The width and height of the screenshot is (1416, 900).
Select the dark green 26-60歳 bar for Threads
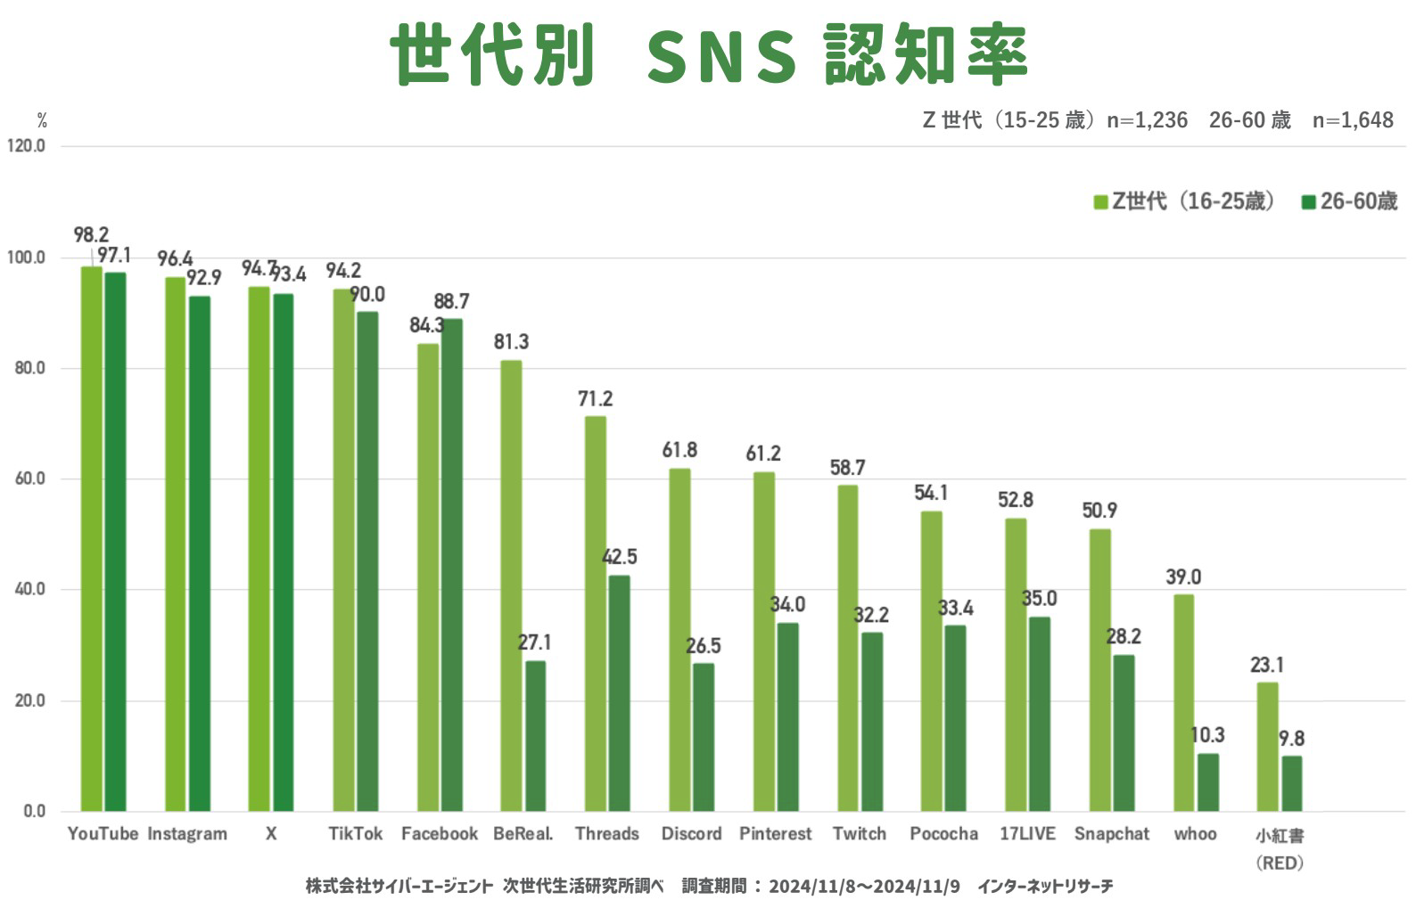click(x=619, y=692)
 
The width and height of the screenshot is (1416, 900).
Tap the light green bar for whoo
click(x=1183, y=702)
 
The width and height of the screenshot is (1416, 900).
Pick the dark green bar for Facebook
click(x=452, y=564)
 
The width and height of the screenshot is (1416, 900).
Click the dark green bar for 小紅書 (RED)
click(x=1291, y=783)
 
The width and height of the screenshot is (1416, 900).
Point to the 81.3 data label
click(x=511, y=342)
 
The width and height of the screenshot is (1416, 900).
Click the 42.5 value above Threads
click(x=620, y=557)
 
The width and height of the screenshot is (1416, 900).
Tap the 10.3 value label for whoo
click(x=1207, y=735)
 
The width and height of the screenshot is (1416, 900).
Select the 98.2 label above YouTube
click(x=91, y=235)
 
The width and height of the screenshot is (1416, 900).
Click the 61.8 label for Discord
click(x=679, y=451)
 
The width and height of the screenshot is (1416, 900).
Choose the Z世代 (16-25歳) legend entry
click(x=1185, y=202)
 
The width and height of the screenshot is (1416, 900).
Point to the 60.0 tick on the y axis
click(x=26, y=479)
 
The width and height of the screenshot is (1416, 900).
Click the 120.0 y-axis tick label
click(x=26, y=146)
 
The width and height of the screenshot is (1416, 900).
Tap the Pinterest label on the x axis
click(x=775, y=834)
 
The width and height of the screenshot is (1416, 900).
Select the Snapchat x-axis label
click(x=1111, y=834)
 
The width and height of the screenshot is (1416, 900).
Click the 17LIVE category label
click(x=1027, y=834)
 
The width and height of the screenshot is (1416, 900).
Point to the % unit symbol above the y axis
click(x=41, y=121)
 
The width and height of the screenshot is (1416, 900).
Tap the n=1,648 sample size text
click(x=1352, y=120)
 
